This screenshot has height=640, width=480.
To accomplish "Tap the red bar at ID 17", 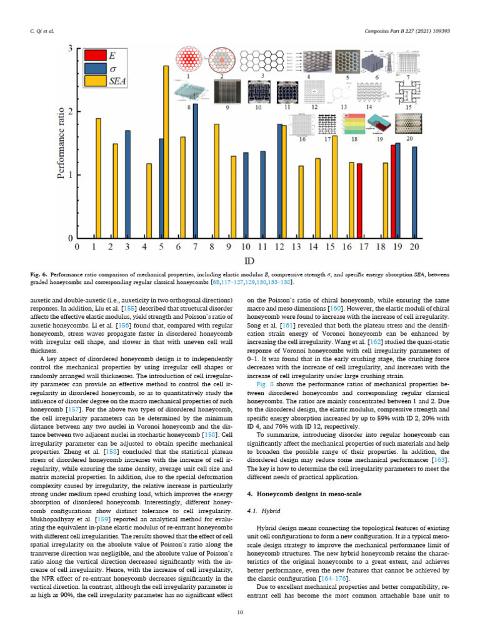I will click(359, 201).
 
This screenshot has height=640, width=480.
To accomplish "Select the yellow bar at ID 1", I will click(98, 178).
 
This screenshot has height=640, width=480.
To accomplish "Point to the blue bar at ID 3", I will click(127, 184).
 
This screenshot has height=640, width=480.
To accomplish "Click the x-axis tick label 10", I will click(246, 247).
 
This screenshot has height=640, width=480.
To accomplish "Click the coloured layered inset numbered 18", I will click(354, 124).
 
